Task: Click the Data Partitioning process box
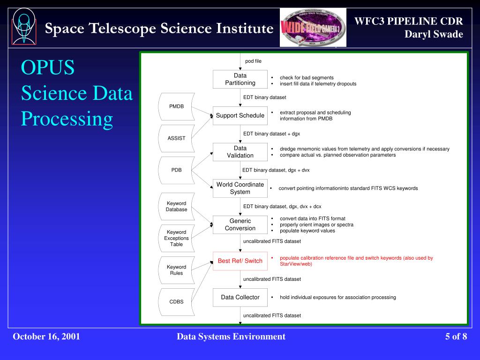240,79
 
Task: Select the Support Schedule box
240,116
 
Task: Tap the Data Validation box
240,152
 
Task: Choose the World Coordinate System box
240,188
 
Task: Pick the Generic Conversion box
240,225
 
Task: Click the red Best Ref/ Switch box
240,261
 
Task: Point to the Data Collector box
240,297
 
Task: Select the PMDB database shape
176,106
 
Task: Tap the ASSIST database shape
176,138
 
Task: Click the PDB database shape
176,170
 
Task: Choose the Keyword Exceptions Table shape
176,238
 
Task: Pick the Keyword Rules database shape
176,270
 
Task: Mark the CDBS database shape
176,301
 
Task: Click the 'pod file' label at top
253,61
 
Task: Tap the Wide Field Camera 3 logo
313,27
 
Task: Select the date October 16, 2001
46,337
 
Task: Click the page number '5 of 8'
456,337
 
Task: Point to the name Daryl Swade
434,34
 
